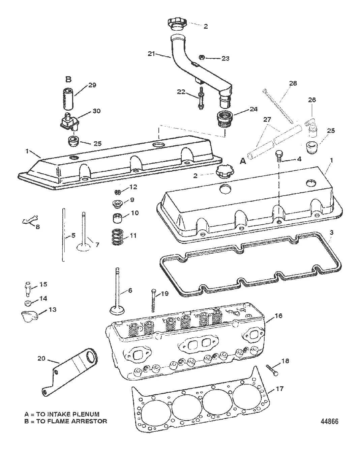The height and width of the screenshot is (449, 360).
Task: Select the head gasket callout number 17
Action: (279, 389)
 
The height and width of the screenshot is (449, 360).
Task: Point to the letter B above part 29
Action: (68, 80)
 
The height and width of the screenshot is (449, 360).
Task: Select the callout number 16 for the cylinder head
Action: (278, 316)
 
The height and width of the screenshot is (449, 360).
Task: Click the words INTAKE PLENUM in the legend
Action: (82, 414)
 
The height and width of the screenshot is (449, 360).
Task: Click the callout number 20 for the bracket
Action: (41, 359)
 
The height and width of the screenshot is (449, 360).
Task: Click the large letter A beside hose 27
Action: (242, 161)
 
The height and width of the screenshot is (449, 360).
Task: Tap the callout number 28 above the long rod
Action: (293, 83)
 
